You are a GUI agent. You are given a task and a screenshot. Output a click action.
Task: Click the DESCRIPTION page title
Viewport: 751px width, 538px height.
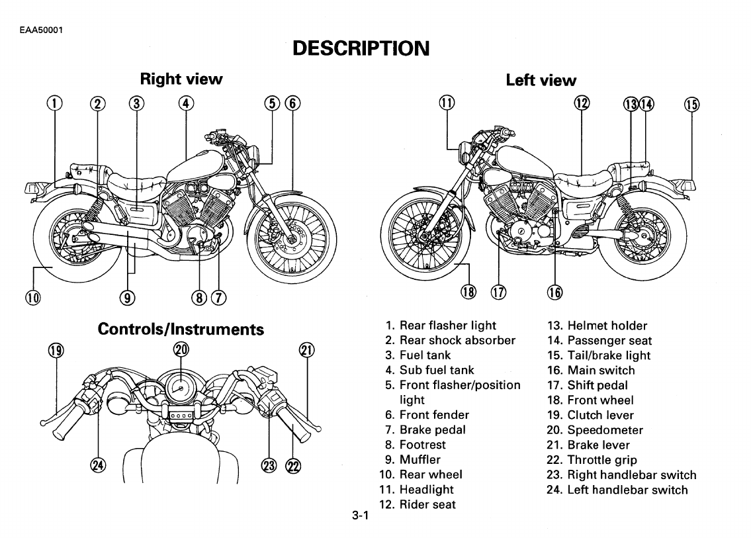(x=361, y=48)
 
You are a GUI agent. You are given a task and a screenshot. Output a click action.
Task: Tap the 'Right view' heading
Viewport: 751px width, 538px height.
(x=181, y=79)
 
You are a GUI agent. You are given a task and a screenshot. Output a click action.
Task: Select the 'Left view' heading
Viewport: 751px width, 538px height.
(x=541, y=81)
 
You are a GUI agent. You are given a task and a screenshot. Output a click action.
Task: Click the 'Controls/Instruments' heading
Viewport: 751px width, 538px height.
(x=181, y=329)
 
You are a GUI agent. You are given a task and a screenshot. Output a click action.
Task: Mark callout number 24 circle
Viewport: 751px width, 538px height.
(x=98, y=465)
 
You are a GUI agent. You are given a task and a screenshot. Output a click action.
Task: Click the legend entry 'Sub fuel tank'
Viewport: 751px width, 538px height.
(x=436, y=370)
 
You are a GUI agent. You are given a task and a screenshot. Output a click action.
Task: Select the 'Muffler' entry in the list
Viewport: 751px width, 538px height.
(x=420, y=459)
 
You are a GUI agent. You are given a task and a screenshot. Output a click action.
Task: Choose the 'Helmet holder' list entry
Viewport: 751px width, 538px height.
(x=607, y=326)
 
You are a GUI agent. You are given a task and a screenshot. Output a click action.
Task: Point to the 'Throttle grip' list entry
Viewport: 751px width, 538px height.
(x=602, y=460)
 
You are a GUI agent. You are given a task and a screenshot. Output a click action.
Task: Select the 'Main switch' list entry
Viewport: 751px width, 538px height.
(x=600, y=371)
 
